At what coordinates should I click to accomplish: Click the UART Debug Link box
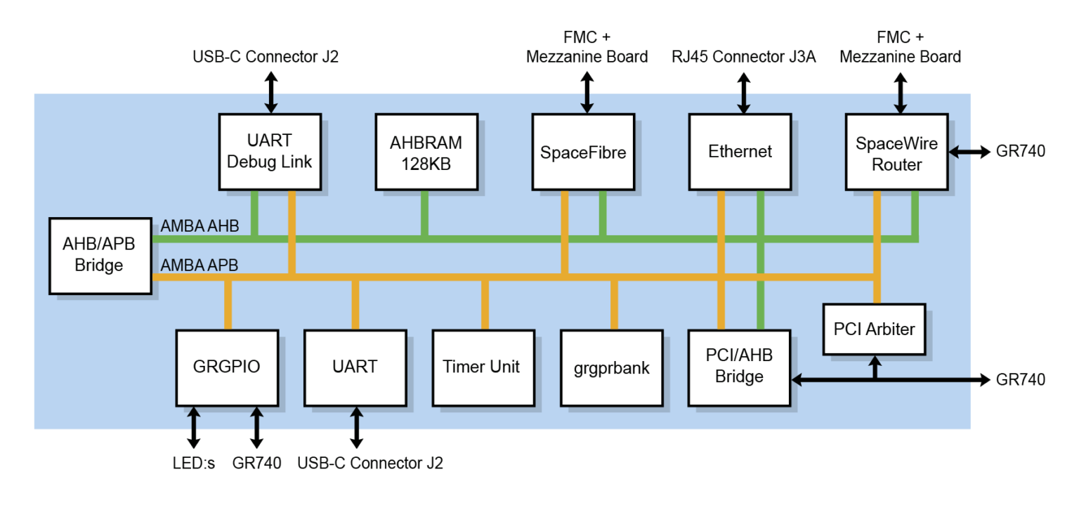click(270, 151)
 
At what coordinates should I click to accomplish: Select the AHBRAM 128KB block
click(426, 151)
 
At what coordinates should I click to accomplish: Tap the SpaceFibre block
click(583, 151)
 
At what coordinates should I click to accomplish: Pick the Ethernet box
click(740, 151)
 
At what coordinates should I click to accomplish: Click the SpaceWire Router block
click(896, 151)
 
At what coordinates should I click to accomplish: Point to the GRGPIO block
click(228, 367)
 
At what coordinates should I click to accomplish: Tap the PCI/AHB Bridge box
click(739, 367)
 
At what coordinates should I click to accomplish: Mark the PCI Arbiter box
click(874, 329)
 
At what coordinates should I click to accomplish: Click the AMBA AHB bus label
click(200, 226)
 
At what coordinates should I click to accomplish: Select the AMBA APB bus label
click(200, 265)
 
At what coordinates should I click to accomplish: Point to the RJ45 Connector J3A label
click(743, 57)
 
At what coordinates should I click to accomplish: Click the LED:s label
click(192, 464)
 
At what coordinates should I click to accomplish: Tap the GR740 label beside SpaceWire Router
click(1021, 151)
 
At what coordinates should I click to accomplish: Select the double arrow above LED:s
click(192, 428)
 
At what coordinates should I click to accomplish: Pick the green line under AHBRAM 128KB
click(424, 214)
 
